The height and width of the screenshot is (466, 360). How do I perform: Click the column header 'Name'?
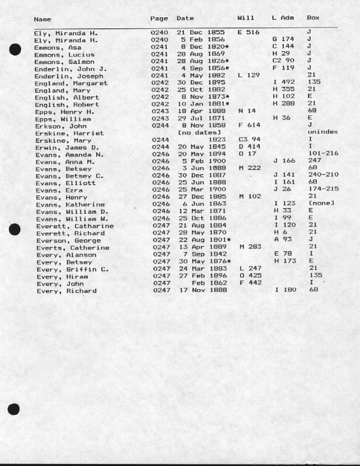click(x=43, y=19)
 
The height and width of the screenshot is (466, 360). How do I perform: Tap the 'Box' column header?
click(x=313, y=18)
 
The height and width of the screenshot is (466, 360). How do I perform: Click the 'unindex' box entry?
click(x=322, y=133)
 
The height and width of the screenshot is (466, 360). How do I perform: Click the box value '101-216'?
click(x=322, y=154)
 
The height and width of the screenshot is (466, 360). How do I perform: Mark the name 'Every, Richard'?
click(x=66, y=291)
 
